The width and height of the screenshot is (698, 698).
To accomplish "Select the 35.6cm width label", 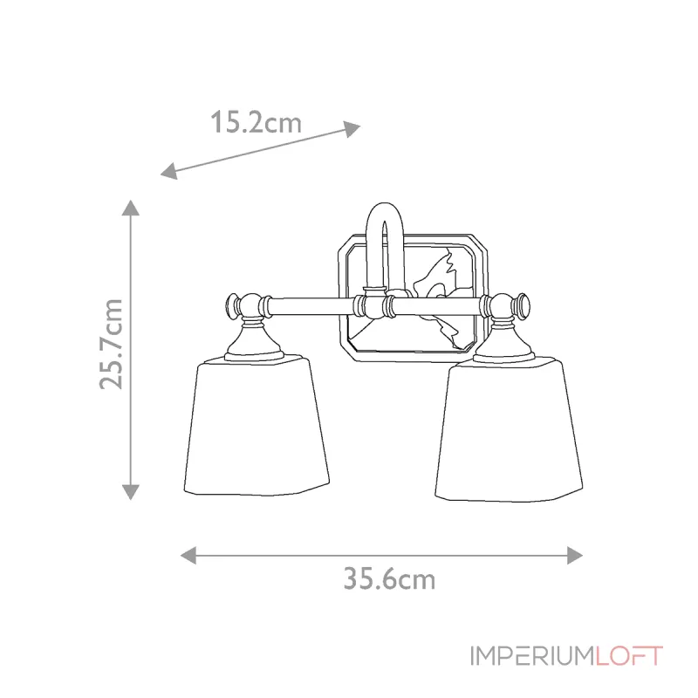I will coord(389,578).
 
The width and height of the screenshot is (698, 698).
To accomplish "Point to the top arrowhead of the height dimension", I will coord(131,208).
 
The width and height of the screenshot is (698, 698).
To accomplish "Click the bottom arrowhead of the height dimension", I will coord(131,492).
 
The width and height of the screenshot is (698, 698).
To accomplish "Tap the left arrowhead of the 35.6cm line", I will coord(187,554).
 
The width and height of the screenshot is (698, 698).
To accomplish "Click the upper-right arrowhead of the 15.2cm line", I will coord(351,128).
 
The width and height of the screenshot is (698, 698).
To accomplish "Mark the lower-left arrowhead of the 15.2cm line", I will coord(168,171).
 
